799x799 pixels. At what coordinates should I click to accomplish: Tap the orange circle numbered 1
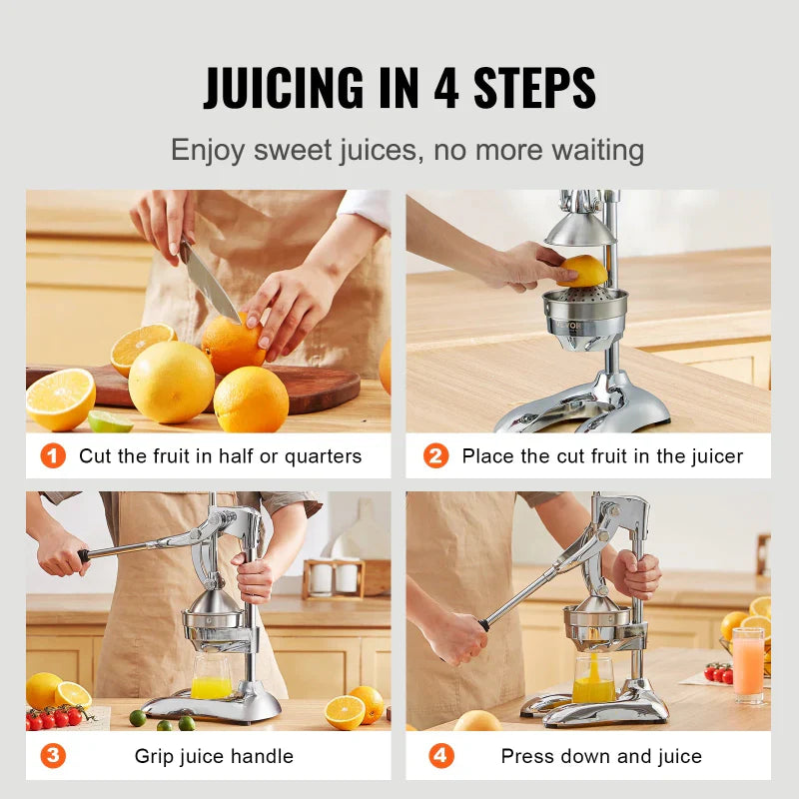[x=53, y=456]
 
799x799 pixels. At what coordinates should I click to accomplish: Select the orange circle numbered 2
[x=435, y=456]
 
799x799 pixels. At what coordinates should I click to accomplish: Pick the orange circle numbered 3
[x=53, y=756]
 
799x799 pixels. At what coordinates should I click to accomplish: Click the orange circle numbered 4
[x=440, y=756]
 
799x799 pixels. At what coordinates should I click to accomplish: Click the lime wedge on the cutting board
[x=110, y=421]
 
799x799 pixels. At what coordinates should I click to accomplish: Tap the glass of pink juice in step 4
[x=747, y=665]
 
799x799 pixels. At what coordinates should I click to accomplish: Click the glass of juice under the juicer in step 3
[x=211, y=678]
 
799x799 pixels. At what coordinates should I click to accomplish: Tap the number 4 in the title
[x=445, y=88]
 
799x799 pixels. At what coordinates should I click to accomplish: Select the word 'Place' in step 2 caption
[x=488, y=456]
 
